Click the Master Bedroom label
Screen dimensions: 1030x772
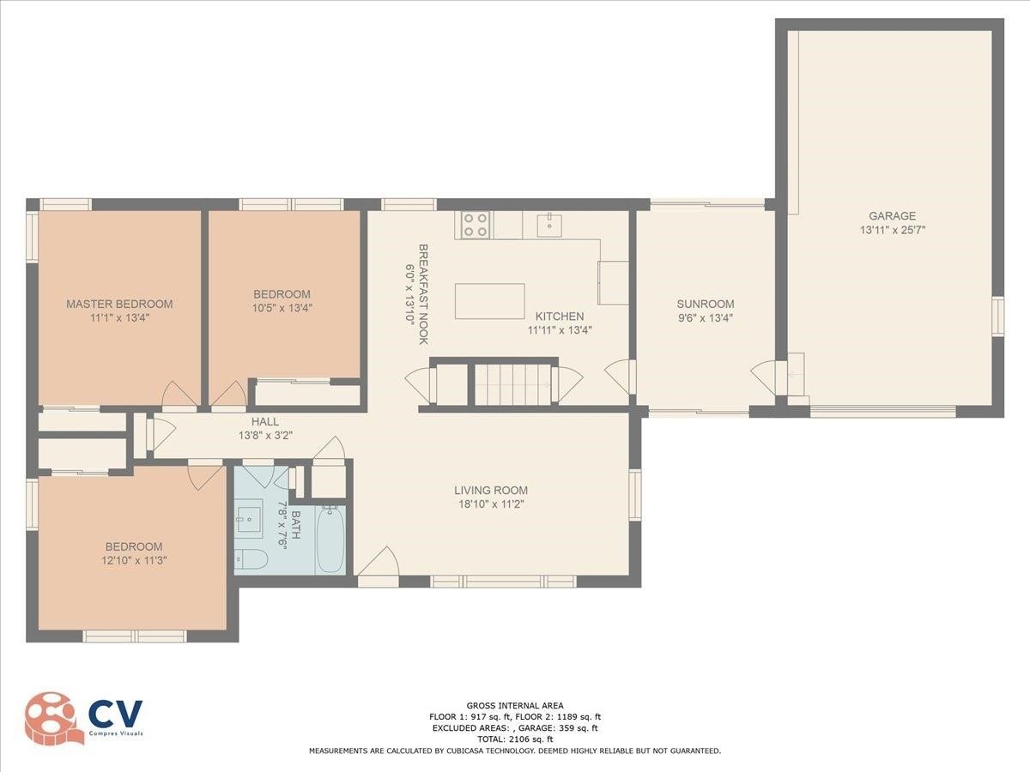click(x=119, y=304)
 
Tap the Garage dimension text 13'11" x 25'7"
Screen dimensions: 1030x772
click(x=893, y=230)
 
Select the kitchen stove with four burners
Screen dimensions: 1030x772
click(x=476, y=225)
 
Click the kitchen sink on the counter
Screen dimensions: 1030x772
click(x=549, y=225)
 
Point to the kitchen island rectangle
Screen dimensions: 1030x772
click(x=489, y=301)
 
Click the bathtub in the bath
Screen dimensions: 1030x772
click(x=330, y=539)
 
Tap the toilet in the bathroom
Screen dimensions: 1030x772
click(x=251, y=558)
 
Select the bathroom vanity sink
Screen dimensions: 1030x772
click(x=249, y=516)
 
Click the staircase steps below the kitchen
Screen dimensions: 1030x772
click(x=513, y=384)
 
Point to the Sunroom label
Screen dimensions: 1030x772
click(x=706, y=304)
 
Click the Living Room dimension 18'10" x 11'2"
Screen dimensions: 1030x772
click(x=491, y=504)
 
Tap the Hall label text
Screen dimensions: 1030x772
click(x=265, y=421)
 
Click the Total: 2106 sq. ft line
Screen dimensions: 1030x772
click(x=515, y=739)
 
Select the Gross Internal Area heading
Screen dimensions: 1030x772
click(x=515, y=705)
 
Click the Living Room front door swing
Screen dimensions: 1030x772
click(x=379, y=562)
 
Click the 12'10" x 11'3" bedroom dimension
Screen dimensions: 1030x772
click(x=134, y=560)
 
